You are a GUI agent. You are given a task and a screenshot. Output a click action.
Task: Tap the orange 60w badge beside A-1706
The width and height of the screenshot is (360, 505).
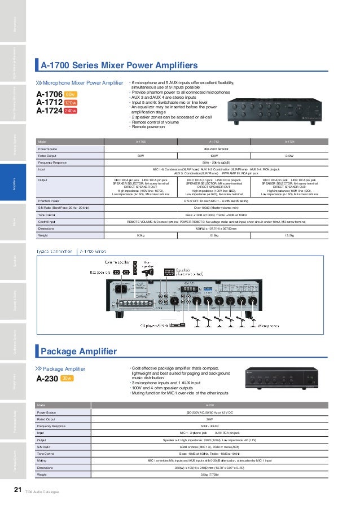coord(71,94)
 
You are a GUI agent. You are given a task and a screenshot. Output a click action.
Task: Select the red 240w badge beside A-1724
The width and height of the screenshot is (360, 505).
coord(71,111)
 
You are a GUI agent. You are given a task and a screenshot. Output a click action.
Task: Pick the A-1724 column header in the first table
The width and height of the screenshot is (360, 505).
coord(290,142)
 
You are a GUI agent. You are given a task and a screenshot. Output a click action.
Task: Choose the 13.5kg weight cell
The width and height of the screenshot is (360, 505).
coord(289,235)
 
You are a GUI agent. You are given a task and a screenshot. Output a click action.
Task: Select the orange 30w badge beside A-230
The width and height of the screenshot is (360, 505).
coord(67,379)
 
